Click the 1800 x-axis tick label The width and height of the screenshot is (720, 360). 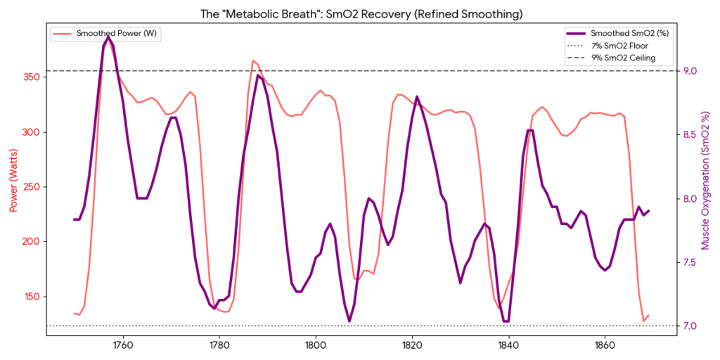(x=315, y=346)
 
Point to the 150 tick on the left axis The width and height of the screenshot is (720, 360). (x=32, y=296)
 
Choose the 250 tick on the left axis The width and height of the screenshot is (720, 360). (x=32, y=186)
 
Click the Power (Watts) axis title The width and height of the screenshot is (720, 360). (x=13, y=179)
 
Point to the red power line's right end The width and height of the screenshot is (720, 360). (x=648, y=316)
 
